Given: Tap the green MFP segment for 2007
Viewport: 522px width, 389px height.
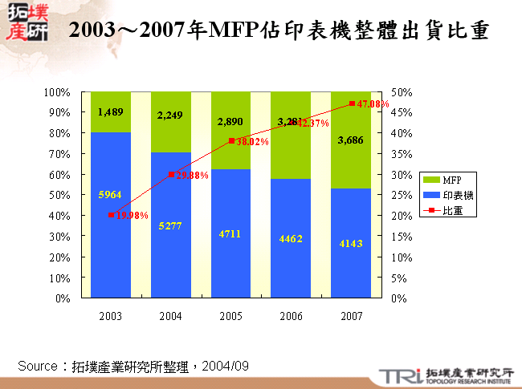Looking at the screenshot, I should (x=351, y=140).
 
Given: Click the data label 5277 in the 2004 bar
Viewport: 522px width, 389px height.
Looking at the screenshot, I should (x=170, y=226).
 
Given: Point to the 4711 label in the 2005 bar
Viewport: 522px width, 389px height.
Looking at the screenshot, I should (x=230, y=233).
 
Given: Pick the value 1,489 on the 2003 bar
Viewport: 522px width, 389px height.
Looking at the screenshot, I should (x=110, y=112).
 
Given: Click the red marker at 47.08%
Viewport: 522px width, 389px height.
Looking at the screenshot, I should (x=351, y=103).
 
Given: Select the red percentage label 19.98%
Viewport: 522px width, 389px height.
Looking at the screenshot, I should (x=131, y=216).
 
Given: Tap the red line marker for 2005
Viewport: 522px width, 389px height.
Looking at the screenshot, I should (x=231, y=140).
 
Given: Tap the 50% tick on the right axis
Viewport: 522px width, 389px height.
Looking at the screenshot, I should (x=401, y=92).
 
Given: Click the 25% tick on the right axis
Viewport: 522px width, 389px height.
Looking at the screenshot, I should (x=401, y=195).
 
